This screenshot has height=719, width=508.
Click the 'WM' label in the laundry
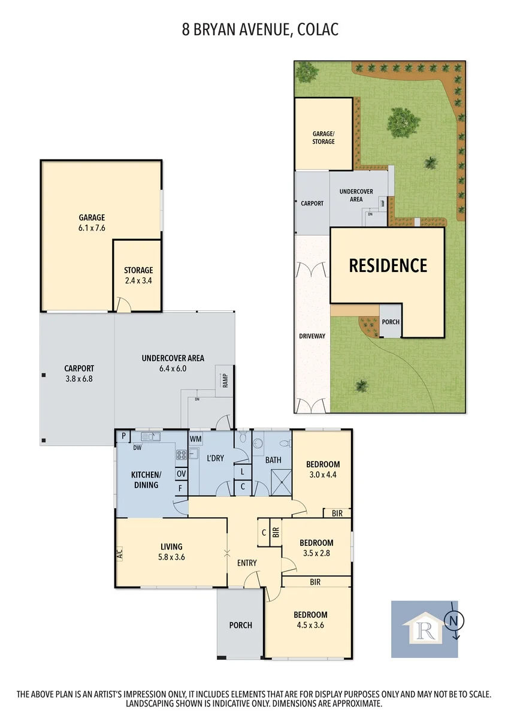(195, 439)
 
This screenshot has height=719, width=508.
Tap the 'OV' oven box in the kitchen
(181, 473)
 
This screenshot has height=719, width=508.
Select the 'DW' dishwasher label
(137, 448)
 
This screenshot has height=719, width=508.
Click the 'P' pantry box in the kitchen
(123, 437)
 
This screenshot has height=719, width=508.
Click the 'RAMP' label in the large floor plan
(225, 380)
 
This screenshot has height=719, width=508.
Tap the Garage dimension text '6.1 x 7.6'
(92, 228)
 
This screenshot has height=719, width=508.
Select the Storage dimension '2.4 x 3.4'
(138, 280)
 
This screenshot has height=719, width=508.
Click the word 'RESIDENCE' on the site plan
(388, 265)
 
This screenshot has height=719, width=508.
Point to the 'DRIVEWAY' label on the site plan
(312, 336)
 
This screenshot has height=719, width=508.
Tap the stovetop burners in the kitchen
(181, 455)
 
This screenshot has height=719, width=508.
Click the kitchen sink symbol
(150, 437)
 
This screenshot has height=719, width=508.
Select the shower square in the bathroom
(282, 482)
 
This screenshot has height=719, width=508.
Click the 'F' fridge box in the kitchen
(181, 488)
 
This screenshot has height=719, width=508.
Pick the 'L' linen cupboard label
(243, 472)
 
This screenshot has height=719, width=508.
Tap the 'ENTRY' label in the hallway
(247, 563)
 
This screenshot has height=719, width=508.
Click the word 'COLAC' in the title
(317, 30)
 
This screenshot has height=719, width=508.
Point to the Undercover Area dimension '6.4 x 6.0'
(173, 368)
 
